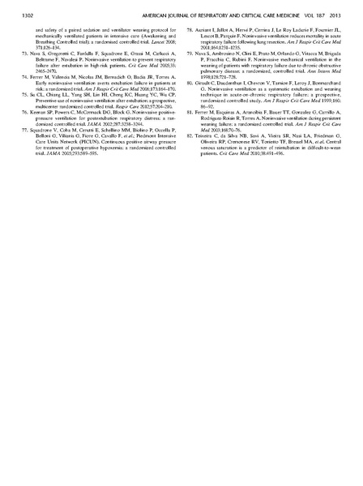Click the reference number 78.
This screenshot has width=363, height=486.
190,30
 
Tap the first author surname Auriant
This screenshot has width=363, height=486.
208,30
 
